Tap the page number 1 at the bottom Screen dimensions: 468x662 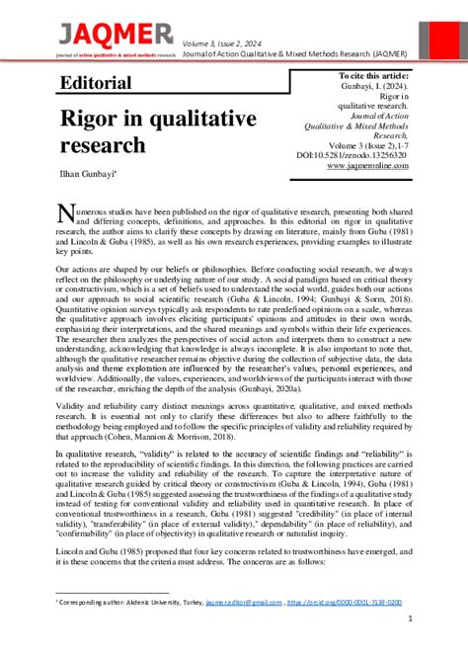click(x=409, y=619)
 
